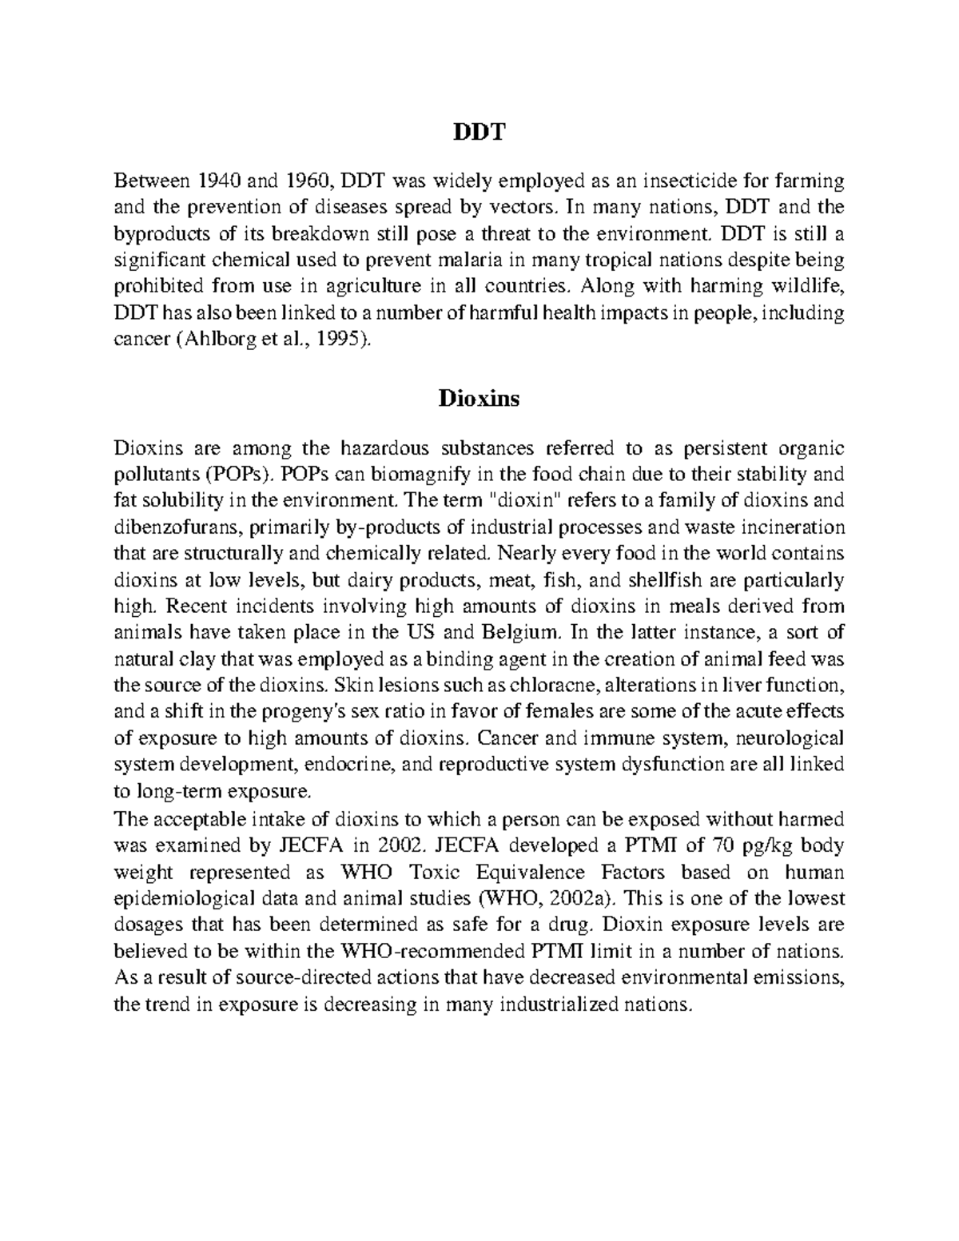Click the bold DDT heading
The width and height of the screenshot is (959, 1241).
point(479,132)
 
